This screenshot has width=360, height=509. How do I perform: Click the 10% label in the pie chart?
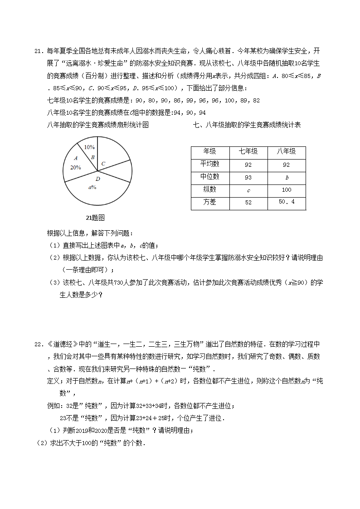[89, 147]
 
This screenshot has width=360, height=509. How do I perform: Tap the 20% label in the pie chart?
[75, 167]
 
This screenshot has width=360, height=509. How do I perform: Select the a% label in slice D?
[92, 187]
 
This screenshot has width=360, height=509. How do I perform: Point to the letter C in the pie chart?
[103, 164]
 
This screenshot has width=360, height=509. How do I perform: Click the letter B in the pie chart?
[92, 157]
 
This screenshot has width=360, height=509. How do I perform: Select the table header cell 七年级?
[248, 152]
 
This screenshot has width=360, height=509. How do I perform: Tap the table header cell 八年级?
[286, 152]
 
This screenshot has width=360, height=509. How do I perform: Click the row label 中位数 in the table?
[210, 177]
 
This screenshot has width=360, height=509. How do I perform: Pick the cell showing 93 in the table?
[248, 177]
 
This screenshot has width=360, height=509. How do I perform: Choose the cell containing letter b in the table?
[287, 178]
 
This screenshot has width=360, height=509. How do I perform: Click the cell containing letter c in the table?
[248, 190]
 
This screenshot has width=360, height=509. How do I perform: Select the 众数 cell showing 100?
[287, 190]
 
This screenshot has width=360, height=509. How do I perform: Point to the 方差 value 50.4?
[287, 202]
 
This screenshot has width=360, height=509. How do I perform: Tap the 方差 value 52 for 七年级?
[248, 203]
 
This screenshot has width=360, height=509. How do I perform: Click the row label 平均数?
[210, 164]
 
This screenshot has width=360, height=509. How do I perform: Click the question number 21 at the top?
[38, 51]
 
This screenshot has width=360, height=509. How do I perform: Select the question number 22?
[38, 344]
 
